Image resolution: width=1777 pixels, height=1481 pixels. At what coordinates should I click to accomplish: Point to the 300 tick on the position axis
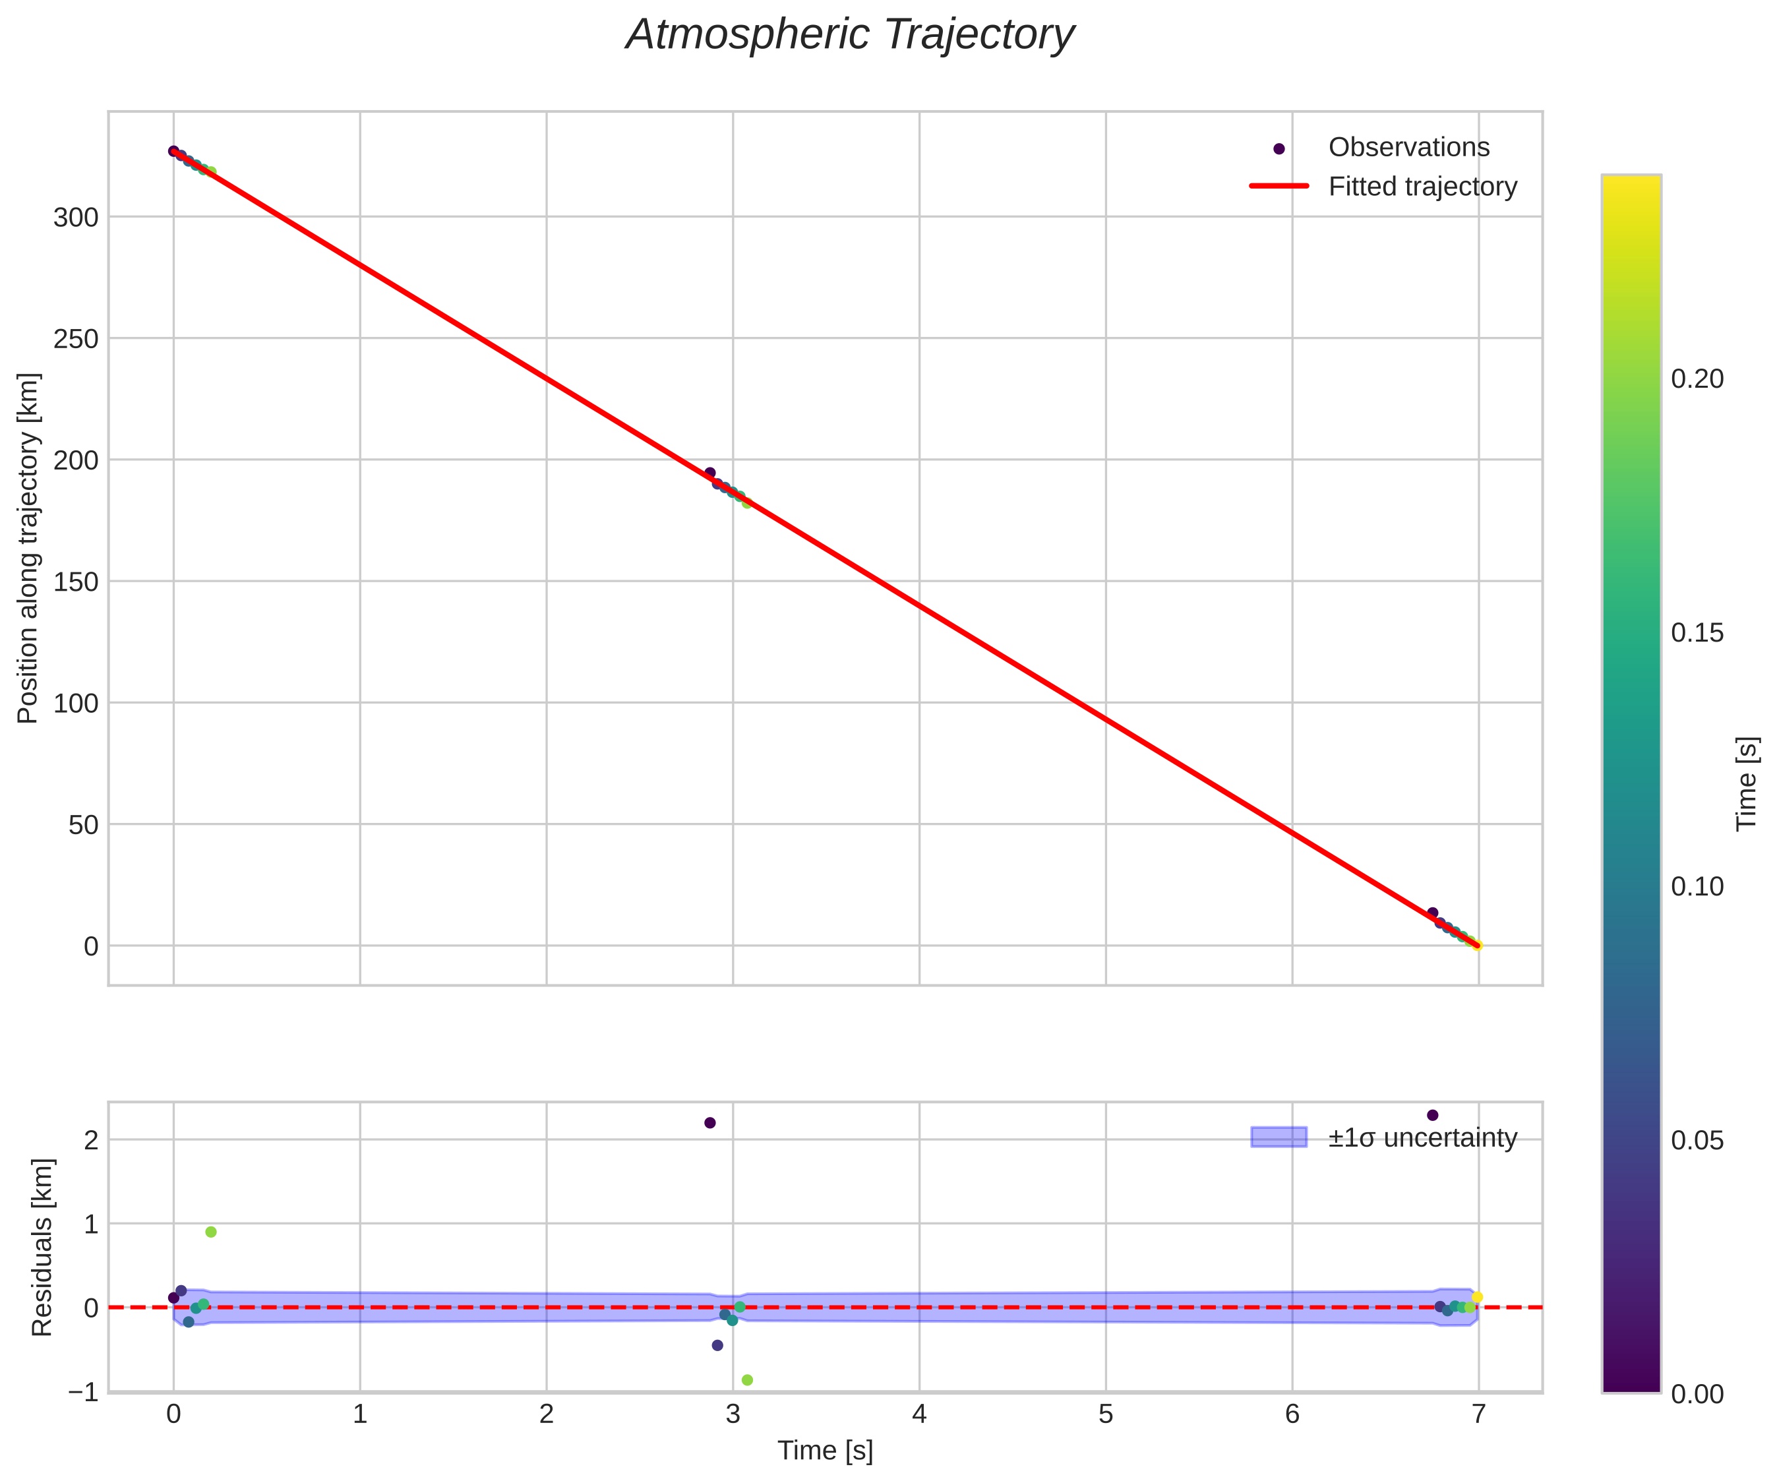click(x=76, y=218)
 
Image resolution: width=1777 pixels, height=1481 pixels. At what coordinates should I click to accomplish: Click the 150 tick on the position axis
click(x=76, y=582)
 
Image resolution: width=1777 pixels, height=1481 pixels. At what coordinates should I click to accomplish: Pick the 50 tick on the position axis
click(x=83, y=825)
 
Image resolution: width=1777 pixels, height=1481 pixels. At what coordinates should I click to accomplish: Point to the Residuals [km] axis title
click(x=42, y=1248)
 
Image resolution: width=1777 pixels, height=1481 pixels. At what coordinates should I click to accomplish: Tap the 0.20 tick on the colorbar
click(x=1697, y=379)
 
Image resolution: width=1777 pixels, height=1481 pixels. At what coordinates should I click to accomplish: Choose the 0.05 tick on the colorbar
click(x=1697, y=1141)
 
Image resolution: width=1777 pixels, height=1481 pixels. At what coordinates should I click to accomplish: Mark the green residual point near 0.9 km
click(x=211, y=1232)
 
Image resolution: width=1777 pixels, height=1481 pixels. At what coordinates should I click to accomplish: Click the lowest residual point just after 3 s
click(x=747, y=1380)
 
